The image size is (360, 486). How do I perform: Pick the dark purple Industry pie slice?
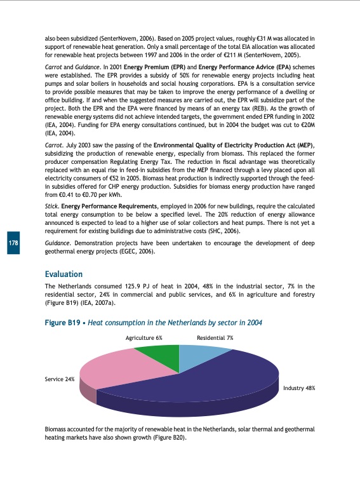pyautogui.click(x=210, y=381)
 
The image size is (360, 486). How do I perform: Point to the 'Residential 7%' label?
pyautogui.click(x=215, y=338)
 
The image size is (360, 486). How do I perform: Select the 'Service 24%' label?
pyautogui.click(x=60, y=379)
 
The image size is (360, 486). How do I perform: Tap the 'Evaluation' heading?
pyautogui.click(x=63, y=274)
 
